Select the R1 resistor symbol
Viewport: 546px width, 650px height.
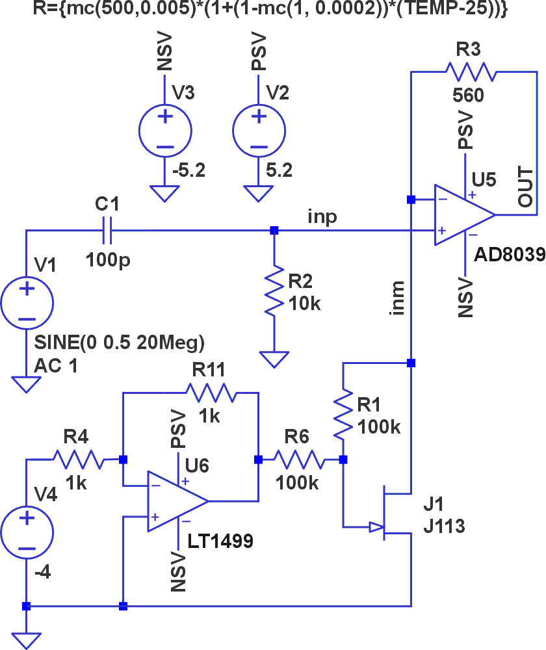click(x=343, y=413)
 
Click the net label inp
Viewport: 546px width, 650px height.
click(x=322, y=216)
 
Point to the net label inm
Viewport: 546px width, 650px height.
click(x=398, y=299)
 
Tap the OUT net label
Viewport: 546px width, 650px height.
click(x=525, y=188)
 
